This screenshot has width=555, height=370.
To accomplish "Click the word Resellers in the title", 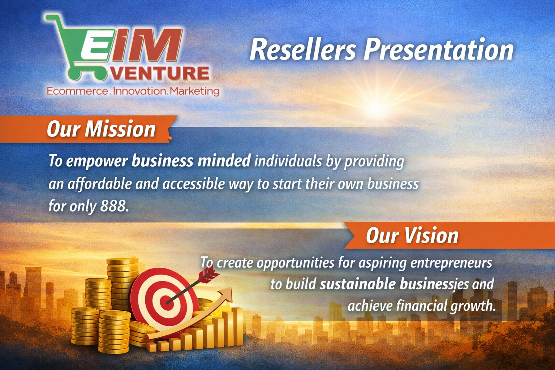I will [x=303, y=50].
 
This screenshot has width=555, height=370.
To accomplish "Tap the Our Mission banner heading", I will [x=101, y=129].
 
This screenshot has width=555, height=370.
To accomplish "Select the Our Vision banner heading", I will [x=412, y=236].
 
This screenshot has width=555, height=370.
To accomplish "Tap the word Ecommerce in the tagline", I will [x=77, y=91].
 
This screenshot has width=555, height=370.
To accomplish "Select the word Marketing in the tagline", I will [x=194, y=91].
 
